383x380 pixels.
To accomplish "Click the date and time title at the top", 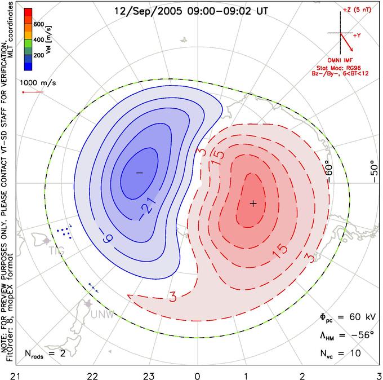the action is point(191,11).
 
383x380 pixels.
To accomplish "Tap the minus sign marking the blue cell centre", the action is point(140,173).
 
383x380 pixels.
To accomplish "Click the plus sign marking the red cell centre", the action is point(253,203).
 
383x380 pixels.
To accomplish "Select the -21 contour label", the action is point(147,207).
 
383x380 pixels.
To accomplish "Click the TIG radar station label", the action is point(57,250).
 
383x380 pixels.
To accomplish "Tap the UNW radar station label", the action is point(103,315).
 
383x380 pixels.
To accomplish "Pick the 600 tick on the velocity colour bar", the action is point(39,24).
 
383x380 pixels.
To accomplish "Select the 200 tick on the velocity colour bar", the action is point(39,55).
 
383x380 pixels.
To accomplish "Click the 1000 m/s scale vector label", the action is point(38,83).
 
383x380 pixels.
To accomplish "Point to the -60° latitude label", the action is point(329,172).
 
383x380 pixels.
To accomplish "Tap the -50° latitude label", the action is point(374,171).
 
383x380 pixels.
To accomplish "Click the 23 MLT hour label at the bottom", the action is point(149,376).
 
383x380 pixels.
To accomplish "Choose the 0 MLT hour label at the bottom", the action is point(197,376).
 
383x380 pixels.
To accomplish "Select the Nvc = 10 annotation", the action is point(341,354).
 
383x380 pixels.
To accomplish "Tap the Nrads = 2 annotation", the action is point(45,354).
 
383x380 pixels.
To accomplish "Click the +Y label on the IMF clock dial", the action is point(357,36).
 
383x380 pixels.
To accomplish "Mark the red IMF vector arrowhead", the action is point(351,49).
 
